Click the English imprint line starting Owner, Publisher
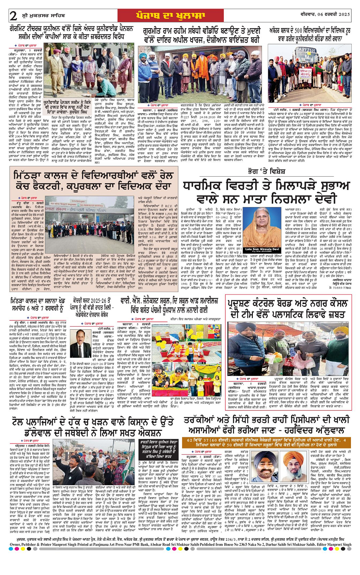click(180, 569)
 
